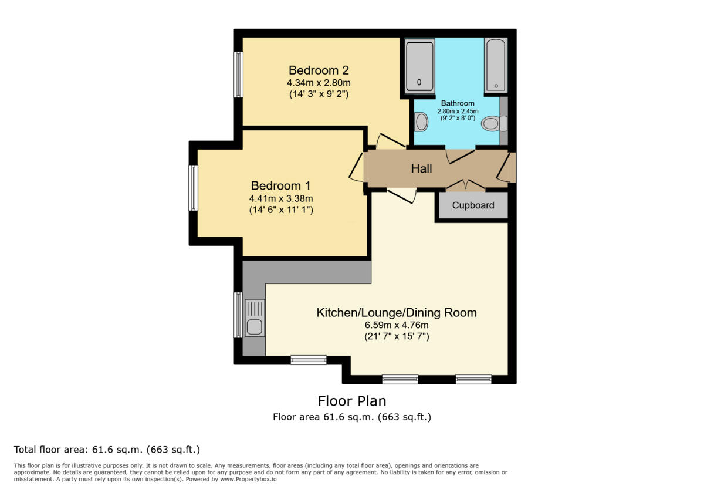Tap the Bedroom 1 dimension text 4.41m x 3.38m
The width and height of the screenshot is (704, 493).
coord(282,198)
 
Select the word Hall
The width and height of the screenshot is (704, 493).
coord(421,169)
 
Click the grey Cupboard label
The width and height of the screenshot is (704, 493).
coord(473,205)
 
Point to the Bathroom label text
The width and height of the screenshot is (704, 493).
coord(458,103)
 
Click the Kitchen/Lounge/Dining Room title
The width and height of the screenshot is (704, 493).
coord(397,312)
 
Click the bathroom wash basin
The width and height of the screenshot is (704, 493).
coord(421,122)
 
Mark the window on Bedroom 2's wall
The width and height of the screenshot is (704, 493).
coord(238,75)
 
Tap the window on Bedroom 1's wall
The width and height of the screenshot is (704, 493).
coord(193,188)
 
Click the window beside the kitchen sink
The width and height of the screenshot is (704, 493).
coord(238,315)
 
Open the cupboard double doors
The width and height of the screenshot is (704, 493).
coord(466,185)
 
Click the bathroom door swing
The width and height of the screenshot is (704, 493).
coord(461,156)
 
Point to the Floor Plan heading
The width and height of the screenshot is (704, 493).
coord(352,401)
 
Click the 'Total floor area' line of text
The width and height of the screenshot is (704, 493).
coord(107,450)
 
